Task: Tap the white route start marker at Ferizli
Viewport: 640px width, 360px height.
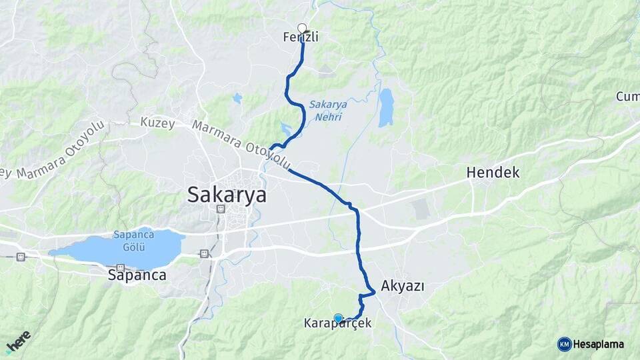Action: (x=302, y=28)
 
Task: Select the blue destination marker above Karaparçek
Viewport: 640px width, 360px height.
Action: (x=338, y=318)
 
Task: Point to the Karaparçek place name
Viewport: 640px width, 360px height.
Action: (x=337, y=324)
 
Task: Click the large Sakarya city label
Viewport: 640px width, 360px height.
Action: (x=227, y=195)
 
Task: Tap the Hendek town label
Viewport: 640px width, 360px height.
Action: (x=493, y=173)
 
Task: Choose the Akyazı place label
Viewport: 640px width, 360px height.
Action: (x=403, y=286)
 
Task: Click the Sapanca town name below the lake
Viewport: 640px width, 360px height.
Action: (x=137, y=275)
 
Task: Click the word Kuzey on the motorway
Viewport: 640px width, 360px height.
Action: (x=157, y=123)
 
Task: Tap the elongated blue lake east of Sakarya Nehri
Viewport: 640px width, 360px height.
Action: (x=386, y=107)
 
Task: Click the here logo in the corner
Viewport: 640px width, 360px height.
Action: (x=17, y=341)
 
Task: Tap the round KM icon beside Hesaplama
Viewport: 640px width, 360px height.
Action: (x=564, y=344)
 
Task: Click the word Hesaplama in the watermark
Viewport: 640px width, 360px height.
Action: (x=598, y=344)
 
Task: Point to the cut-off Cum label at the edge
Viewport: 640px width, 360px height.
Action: (x=627, y=97)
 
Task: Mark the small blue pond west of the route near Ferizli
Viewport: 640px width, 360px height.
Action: (x=237, y=99)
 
